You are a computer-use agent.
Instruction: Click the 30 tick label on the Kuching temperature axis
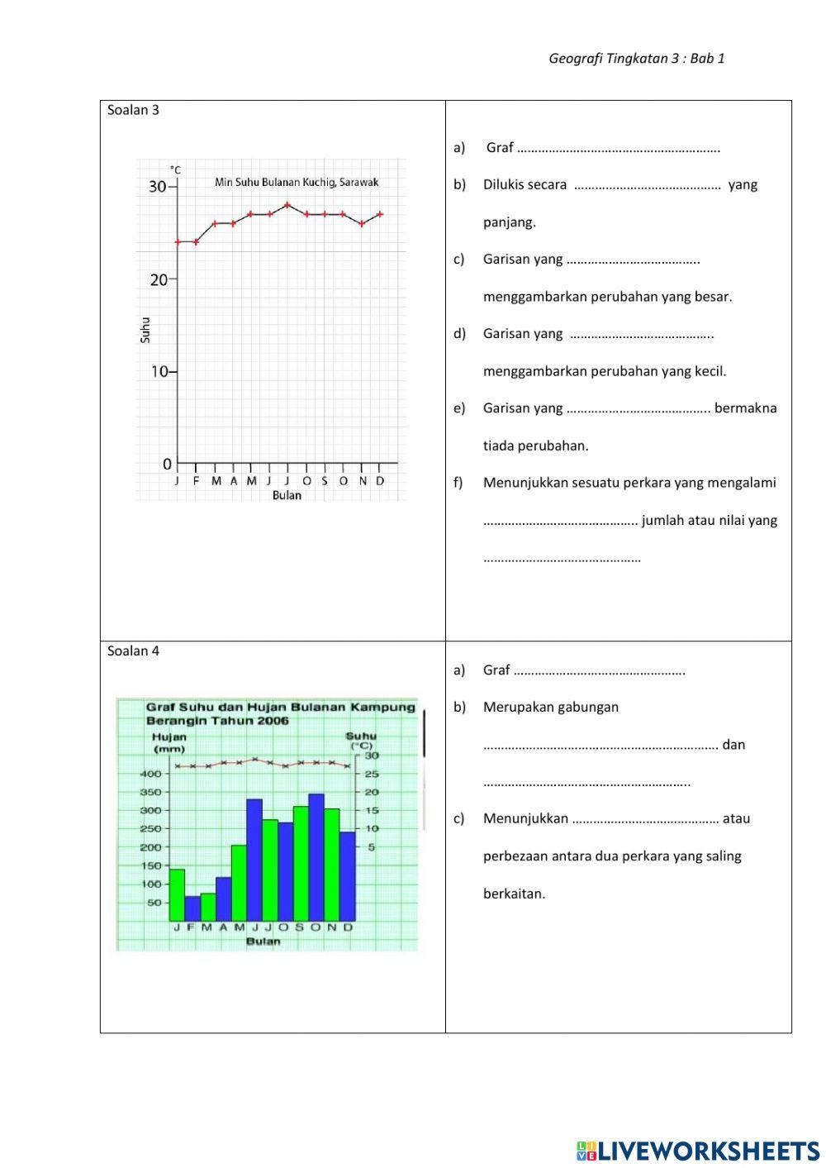coord(157,187)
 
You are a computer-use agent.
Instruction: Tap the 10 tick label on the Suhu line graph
coord(159,372)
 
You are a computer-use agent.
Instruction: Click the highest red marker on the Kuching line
coord(287,204)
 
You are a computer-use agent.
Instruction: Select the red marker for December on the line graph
coord(380,214)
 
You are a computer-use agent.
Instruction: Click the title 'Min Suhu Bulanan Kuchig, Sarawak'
coord(297,182)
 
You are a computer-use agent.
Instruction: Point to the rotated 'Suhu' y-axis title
coord(145,330)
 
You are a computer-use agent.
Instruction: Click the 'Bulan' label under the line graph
coord(287,495)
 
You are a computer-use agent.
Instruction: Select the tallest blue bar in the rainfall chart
coord(316,856)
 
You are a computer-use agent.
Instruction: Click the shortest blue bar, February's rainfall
coord(192,908)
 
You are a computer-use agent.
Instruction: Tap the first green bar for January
coord(177,894)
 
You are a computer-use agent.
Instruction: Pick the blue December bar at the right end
coord(348,875)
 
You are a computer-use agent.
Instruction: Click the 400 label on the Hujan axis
coord(151,774)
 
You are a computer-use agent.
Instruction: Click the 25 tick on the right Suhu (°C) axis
coord(371,774)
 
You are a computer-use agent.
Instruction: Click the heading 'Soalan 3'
coord(133,110)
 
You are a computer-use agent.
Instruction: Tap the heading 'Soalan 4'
coord(133,651)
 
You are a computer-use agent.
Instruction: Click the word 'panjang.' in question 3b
coord(509,222)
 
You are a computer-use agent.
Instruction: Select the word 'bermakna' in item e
coord(745,408)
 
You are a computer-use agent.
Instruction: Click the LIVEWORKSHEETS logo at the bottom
coord(698,1150)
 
